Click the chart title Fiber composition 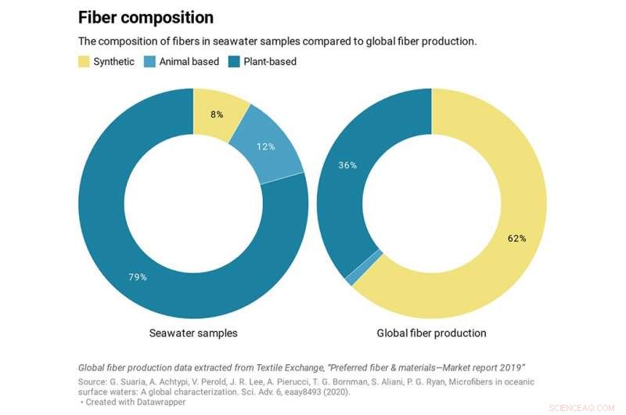point(146,16)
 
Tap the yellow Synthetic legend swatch point(84,61)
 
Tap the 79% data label point(138,276)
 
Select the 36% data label point(347,165)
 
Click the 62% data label point(516,238)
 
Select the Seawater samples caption point(193,333)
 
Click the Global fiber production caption point(431,333)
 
